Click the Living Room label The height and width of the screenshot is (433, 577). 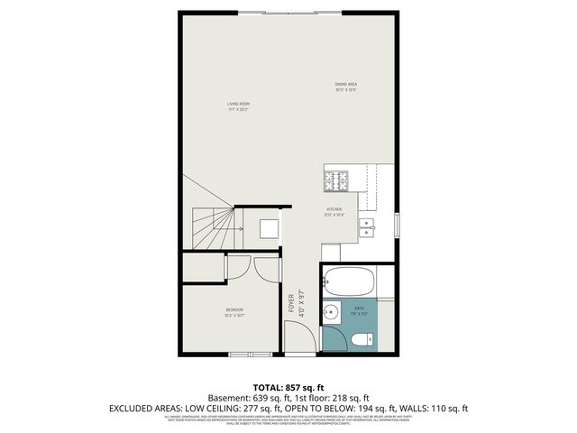(x=238, y=106)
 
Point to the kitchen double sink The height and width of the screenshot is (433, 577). (x=368, y=226)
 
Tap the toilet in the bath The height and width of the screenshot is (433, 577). (x=361, y=339)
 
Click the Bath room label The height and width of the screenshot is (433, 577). (x=362, y=310)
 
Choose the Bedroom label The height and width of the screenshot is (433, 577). (x=234, y=312)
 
